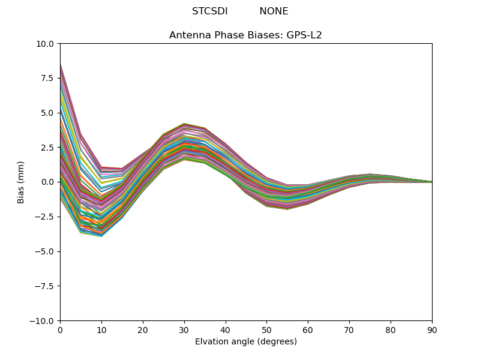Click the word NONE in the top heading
pos(274,11)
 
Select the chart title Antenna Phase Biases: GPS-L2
pos(245,35)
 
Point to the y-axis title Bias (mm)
pos(21,182)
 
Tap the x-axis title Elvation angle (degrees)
pos(245,342)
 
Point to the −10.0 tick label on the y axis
pos(43,321)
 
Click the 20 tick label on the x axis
pos(143,330)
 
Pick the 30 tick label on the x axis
pos(184,330)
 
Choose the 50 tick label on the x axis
pos(266,330)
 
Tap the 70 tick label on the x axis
pos(349,330)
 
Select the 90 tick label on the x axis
pos(432,330)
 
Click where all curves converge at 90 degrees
pos(431,182)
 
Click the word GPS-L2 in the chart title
pos(304,35)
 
